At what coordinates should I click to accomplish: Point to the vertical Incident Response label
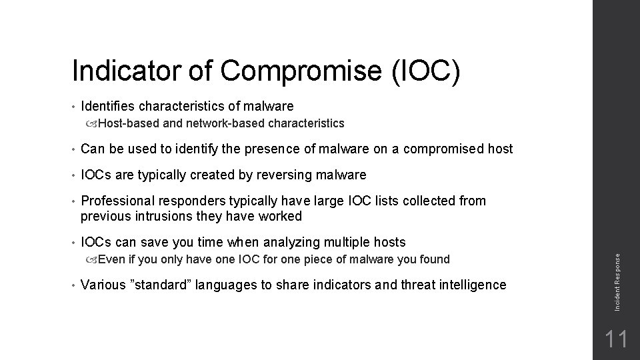[x=618, y=275]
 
